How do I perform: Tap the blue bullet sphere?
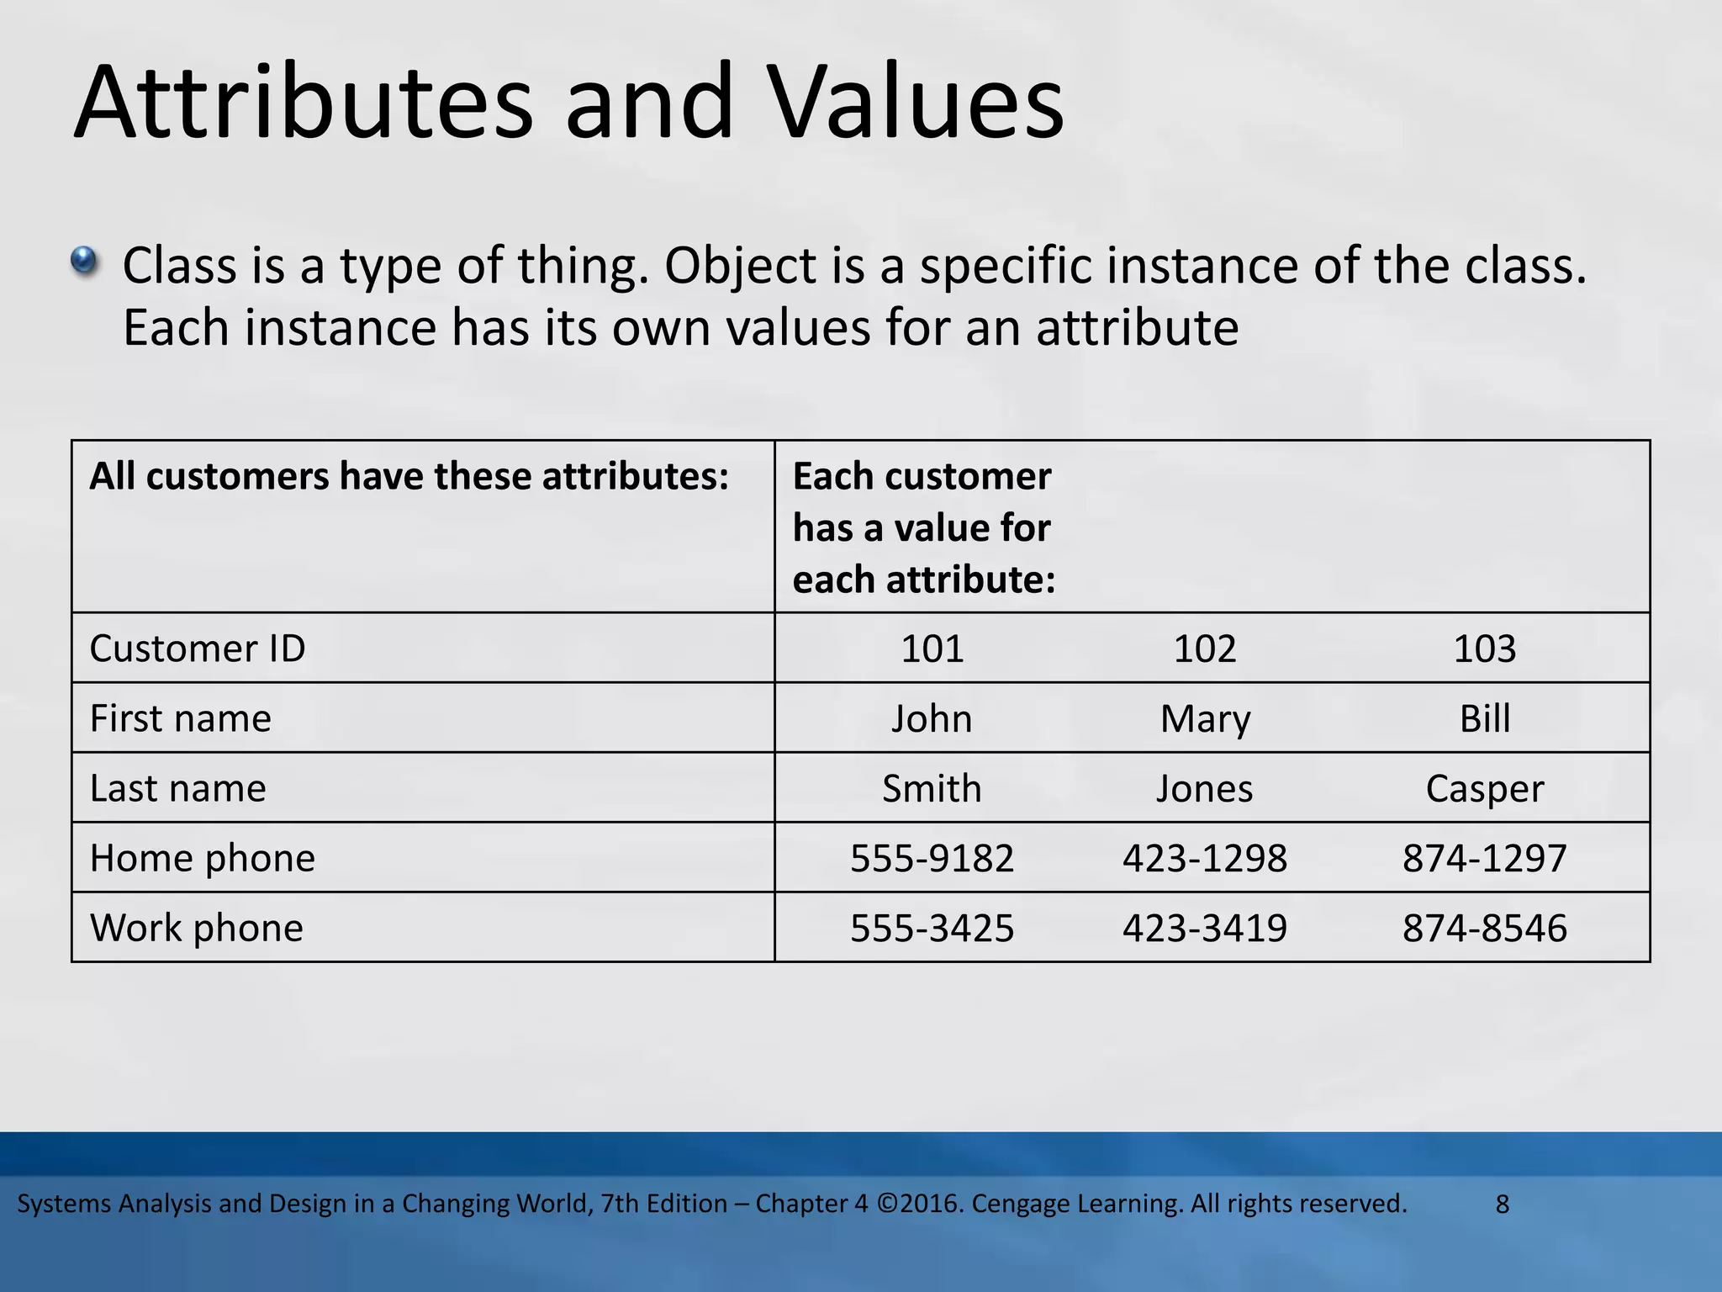pos(85,261)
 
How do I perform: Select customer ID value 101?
pos(932,649)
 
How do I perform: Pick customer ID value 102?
pos(1204,649)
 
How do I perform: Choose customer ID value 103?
pos(1484,649)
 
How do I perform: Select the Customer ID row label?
pos(198,649)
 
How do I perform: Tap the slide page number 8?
pos(1503,1205)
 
